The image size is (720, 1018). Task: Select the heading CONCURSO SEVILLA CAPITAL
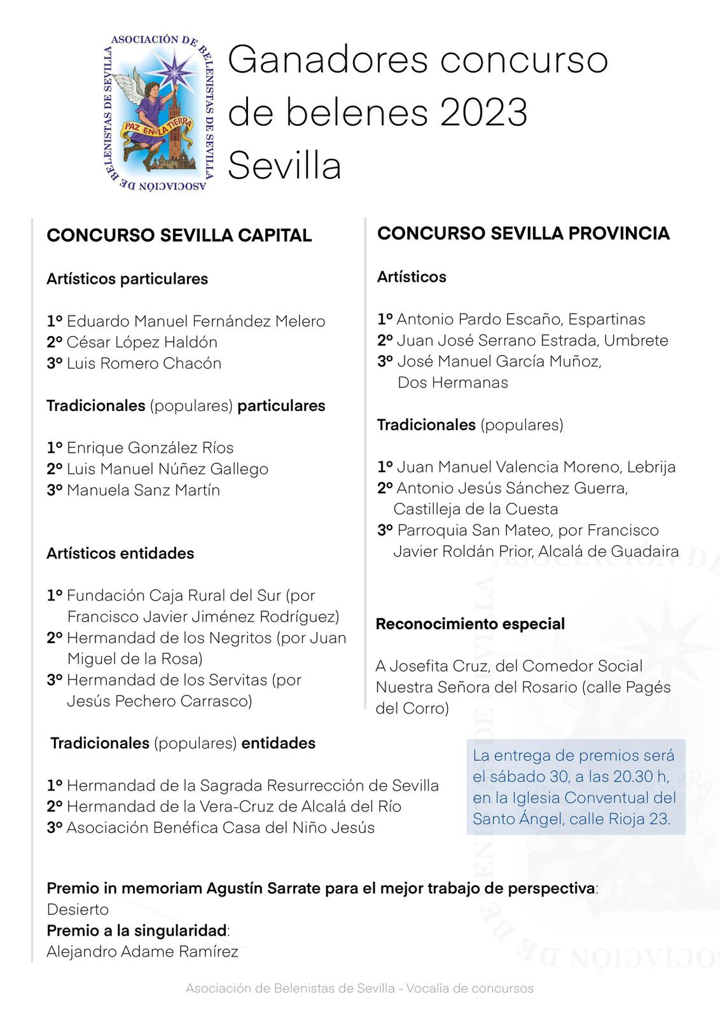tap(179, 235)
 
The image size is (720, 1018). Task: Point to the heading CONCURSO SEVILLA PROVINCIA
tap(523, 234)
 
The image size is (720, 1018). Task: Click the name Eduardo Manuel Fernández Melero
tap(196, 321)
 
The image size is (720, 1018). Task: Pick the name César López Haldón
tap(142, 342)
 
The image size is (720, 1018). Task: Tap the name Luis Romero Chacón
tap(144, 363)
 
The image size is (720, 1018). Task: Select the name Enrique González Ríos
tap(150, 448)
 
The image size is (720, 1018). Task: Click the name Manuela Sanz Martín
tap(143, 490)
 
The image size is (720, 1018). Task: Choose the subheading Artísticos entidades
tap(120, 553)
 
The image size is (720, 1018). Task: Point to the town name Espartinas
tap(607, 319)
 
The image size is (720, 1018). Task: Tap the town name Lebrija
tap(651, 467)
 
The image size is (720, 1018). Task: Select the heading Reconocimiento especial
tap(470, 624)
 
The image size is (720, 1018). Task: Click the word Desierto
tap(78, 909)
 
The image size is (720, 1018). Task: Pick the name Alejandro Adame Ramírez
tap(142, 952)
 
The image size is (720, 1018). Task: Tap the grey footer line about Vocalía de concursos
tap(359, 988)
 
